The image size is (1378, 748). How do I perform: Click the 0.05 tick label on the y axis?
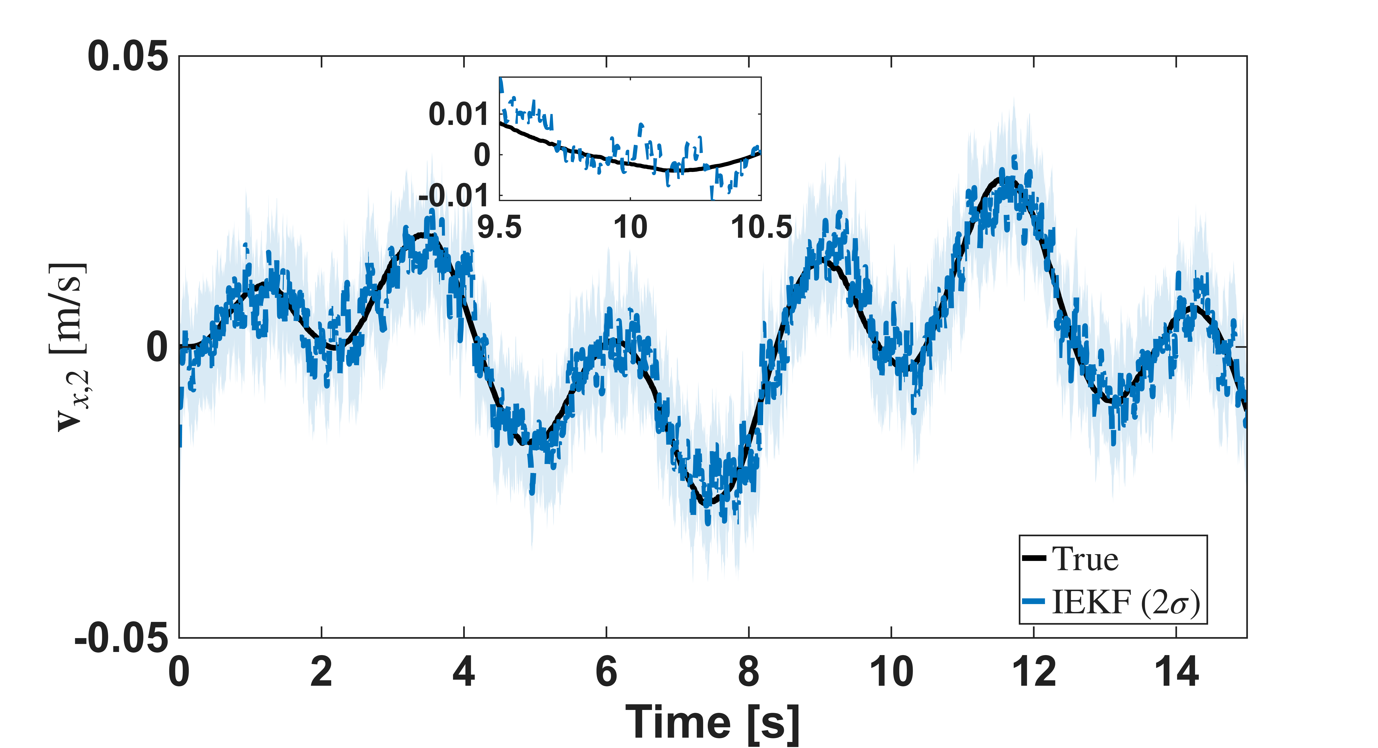point(127,56)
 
